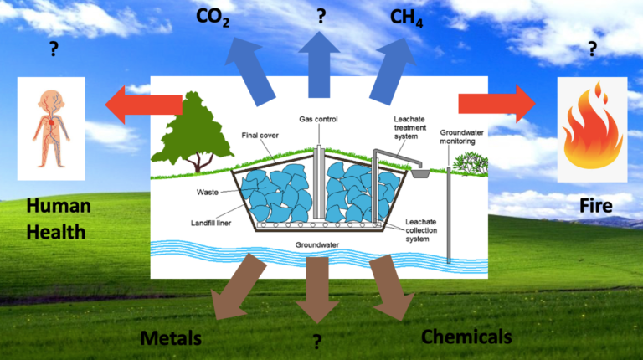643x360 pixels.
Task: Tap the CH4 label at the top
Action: (x=407, y=18)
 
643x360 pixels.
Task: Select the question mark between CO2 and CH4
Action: (x=320, y=16)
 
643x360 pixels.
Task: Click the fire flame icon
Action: (x=591, y=131)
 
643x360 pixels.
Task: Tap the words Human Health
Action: (x=55, y=219)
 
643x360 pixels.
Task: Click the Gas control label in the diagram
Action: (x=318, y=118)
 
